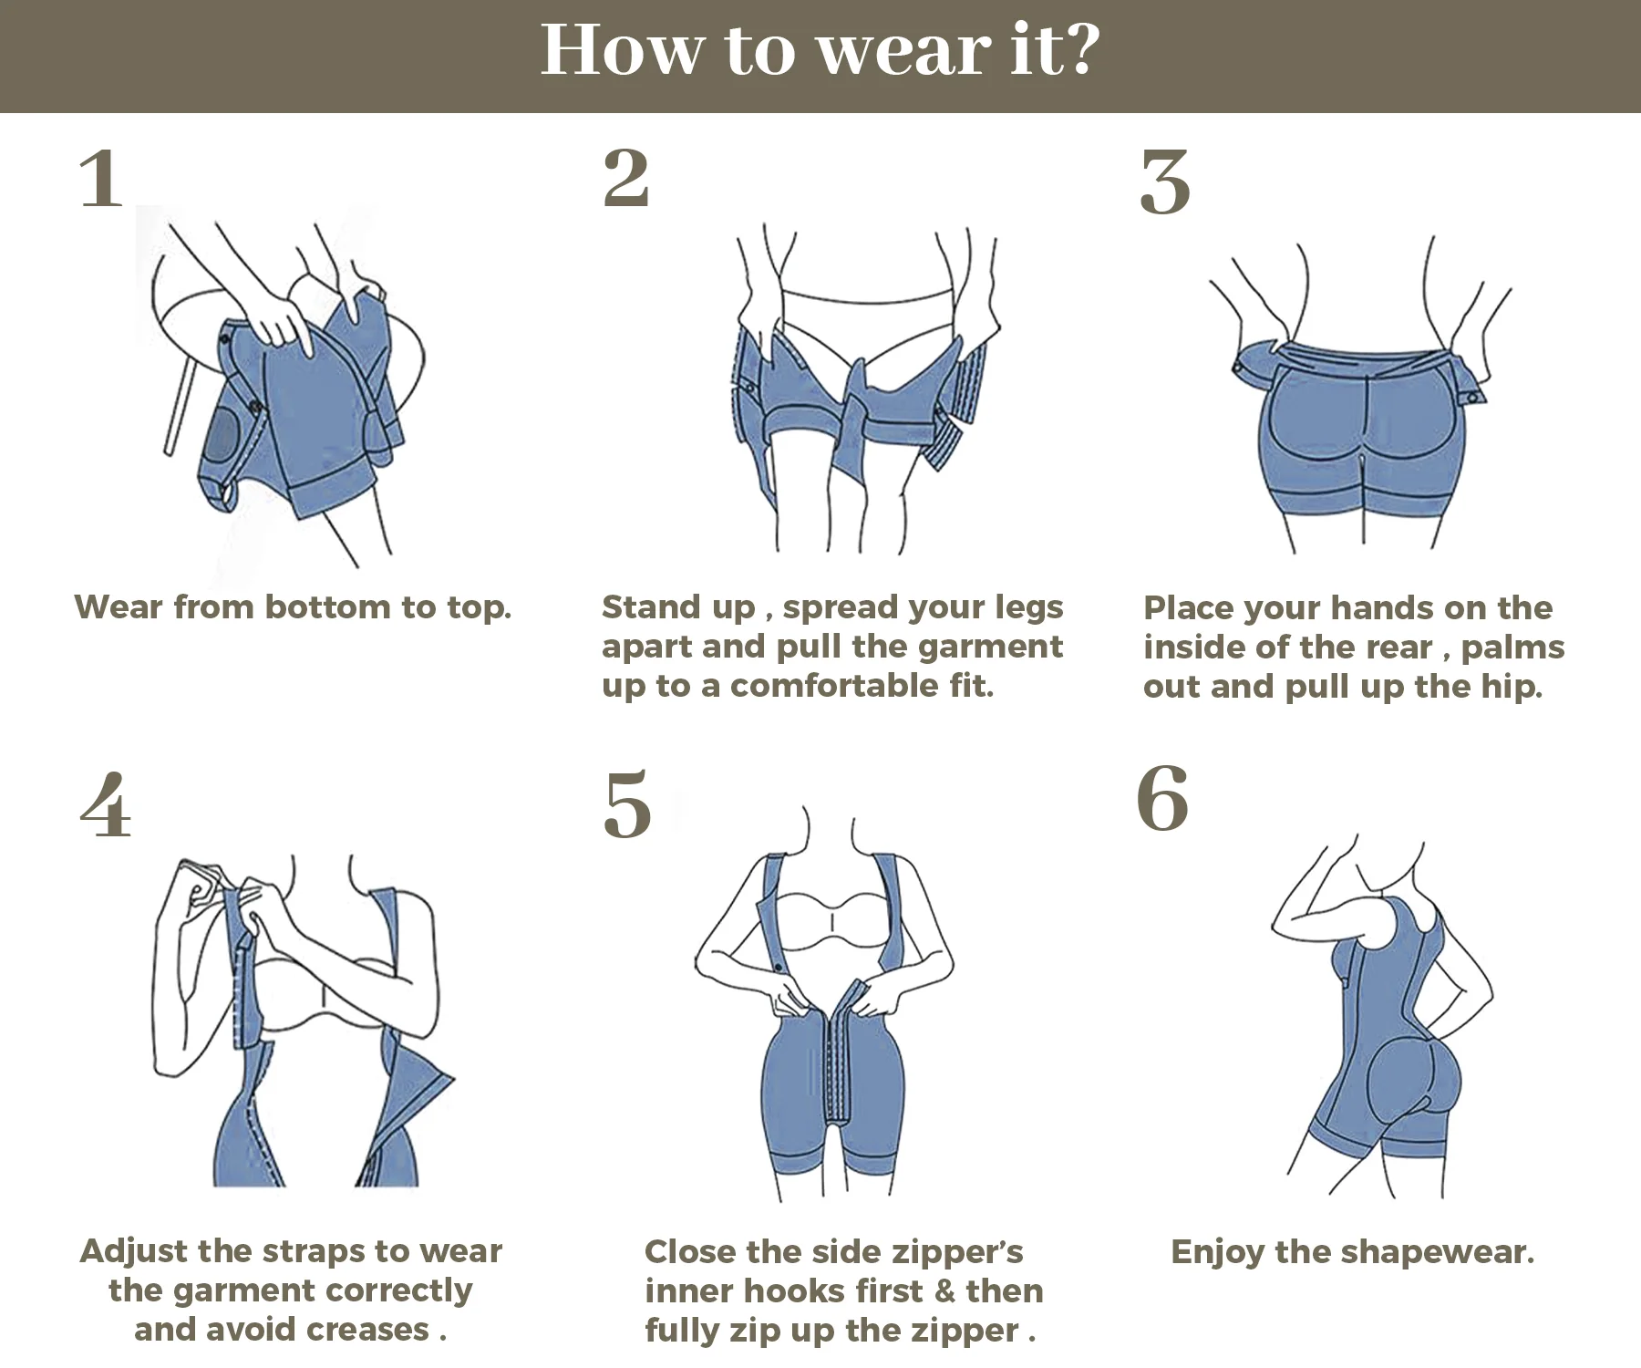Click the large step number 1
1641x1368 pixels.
tap(101, 180)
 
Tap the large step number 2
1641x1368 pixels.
tap(626, 178)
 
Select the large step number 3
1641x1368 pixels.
tap(1165, 182)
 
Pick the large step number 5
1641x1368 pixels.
tap(628, 803)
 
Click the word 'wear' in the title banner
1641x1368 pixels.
tap(903, 52)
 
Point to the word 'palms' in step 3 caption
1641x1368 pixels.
tap(1512, 648)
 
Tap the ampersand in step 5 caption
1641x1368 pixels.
tap(944, 1291)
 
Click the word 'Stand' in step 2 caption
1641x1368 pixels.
tap(642, 607)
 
